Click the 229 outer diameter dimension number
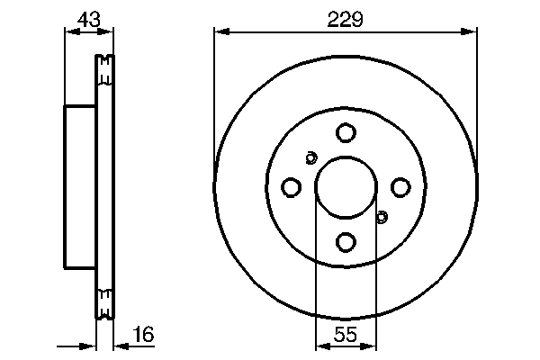pyautogui.click(x=346, y=19)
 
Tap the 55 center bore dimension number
pyautogui.click(x=346, y=335)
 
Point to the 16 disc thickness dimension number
pyautogui.click(x=143, y=334)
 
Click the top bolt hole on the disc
pyautogui.click(x=346, y=133)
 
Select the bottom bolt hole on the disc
pyautogui.click(x=346, y=241)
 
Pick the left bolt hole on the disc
pyautogui.click(x=291, y=187)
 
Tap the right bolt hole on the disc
pyautogui.click(x=400, y=187)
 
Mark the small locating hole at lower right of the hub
pyautogui.click(x=381, y=216)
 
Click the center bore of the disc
pyautogui.click(x=346, y=187)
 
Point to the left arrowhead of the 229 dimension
pyautogui.click(x=220, y=32)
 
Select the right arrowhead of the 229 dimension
pyautogui.click(x=470, y=32)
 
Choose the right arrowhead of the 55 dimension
pyautogui.click(x=370, y=346)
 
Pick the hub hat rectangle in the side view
pyautogui.click(x=79, y=186)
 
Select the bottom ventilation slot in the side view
pyautogui.click(x=104, y=301)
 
